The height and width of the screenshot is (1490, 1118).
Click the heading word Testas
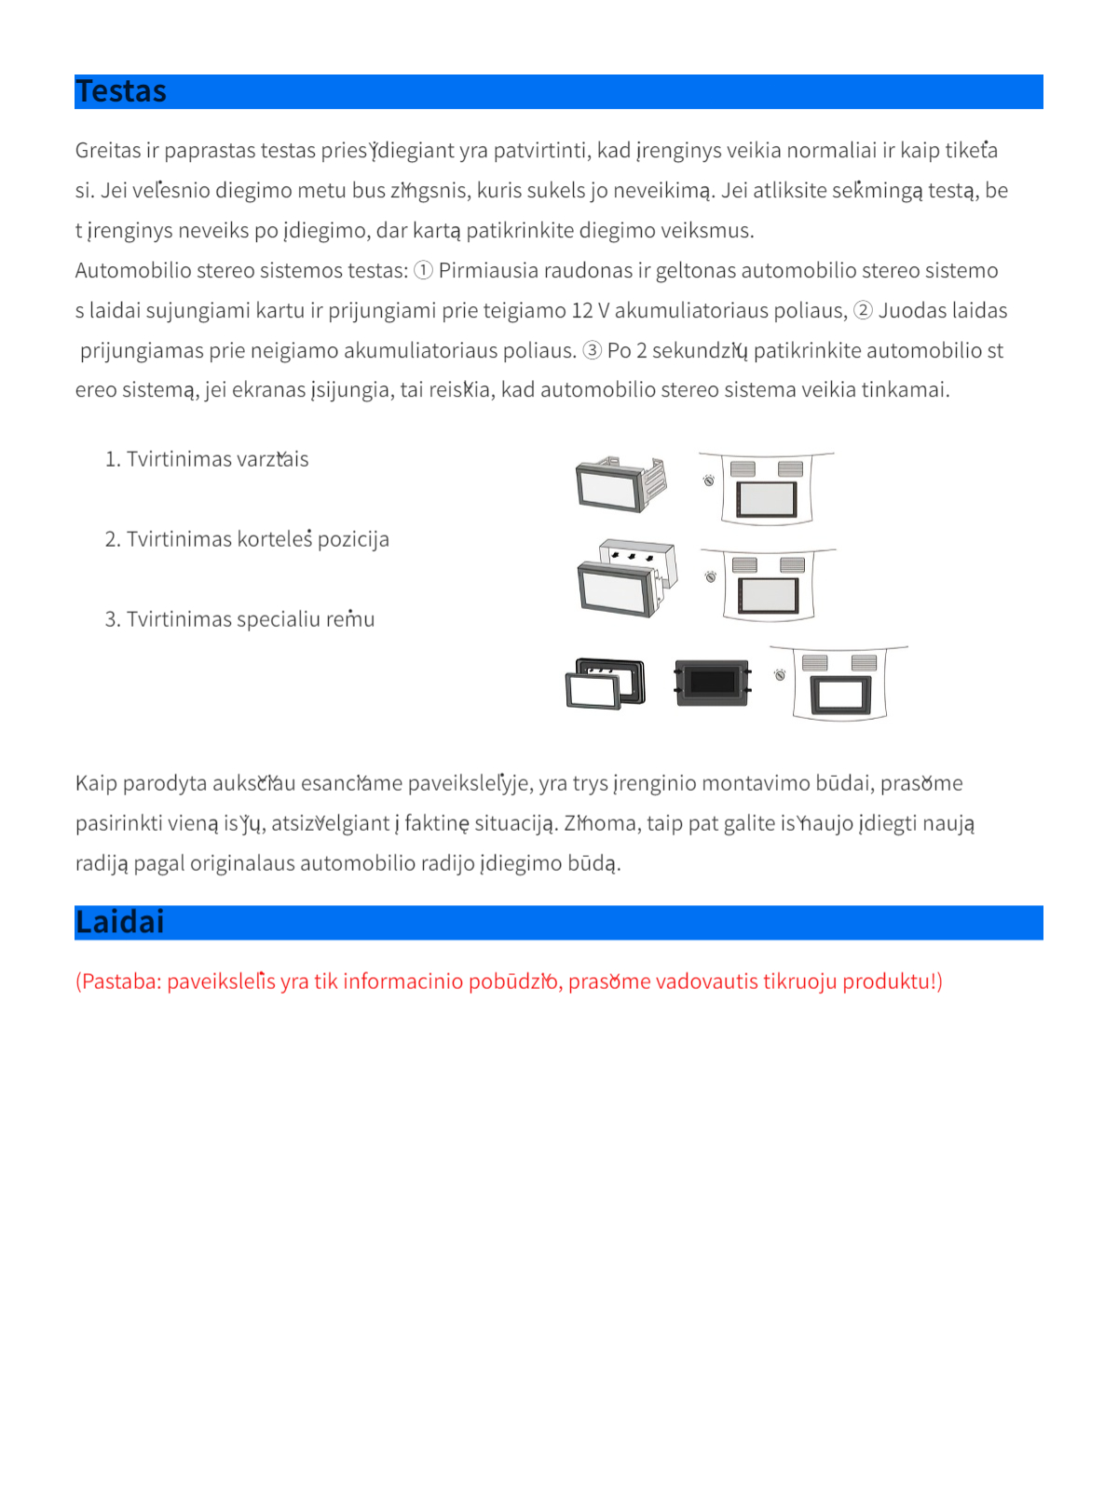pyautogui.click(x=121, y=91)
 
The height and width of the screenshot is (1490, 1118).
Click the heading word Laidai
pyautogui.click(x=120, y=922)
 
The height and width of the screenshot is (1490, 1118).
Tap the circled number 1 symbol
pyautogui.click(x=423, y=270)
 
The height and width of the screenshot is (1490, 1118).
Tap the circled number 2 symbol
pyautogui.click(x=863, y=310)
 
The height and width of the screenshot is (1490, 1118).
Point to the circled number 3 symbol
pyautogui.click(x=592, y=350)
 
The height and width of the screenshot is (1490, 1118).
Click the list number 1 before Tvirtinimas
pyautogui.click(x=112, y=459)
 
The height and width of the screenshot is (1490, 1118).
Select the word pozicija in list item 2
pyautogui.click(x=353, y=539)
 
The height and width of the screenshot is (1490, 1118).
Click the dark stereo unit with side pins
pyautogui.click(x=712, y=683)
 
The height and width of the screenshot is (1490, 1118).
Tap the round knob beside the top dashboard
pyautogui.click(x=709, y=481)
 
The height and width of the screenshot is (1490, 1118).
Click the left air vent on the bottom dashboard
pyautogui.click(x=814, y=663)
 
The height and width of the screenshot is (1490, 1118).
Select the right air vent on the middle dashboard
pyautogui.click(x=792, y=565)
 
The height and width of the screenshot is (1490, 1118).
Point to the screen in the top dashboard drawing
pyautogui.click(x=767, y=499)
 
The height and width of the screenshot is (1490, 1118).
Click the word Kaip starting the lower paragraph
pyautogui.click(x=96, y=783)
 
